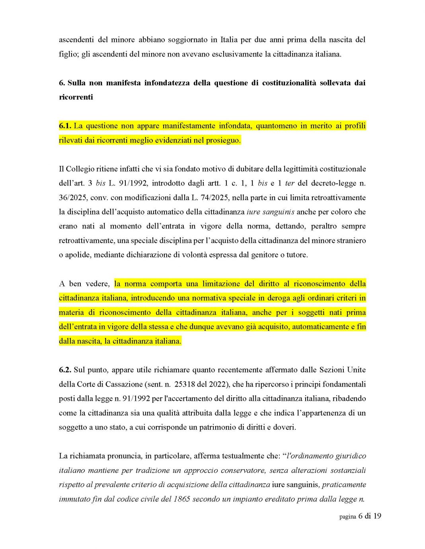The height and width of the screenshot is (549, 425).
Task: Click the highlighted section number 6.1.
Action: coord(65,126)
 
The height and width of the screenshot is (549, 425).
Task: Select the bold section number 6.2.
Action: coord(65,370)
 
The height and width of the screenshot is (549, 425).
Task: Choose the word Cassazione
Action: coord(124,384)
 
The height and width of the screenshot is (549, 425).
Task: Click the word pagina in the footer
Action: coord(347,516)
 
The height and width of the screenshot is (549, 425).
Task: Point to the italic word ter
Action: coord(289,183)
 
